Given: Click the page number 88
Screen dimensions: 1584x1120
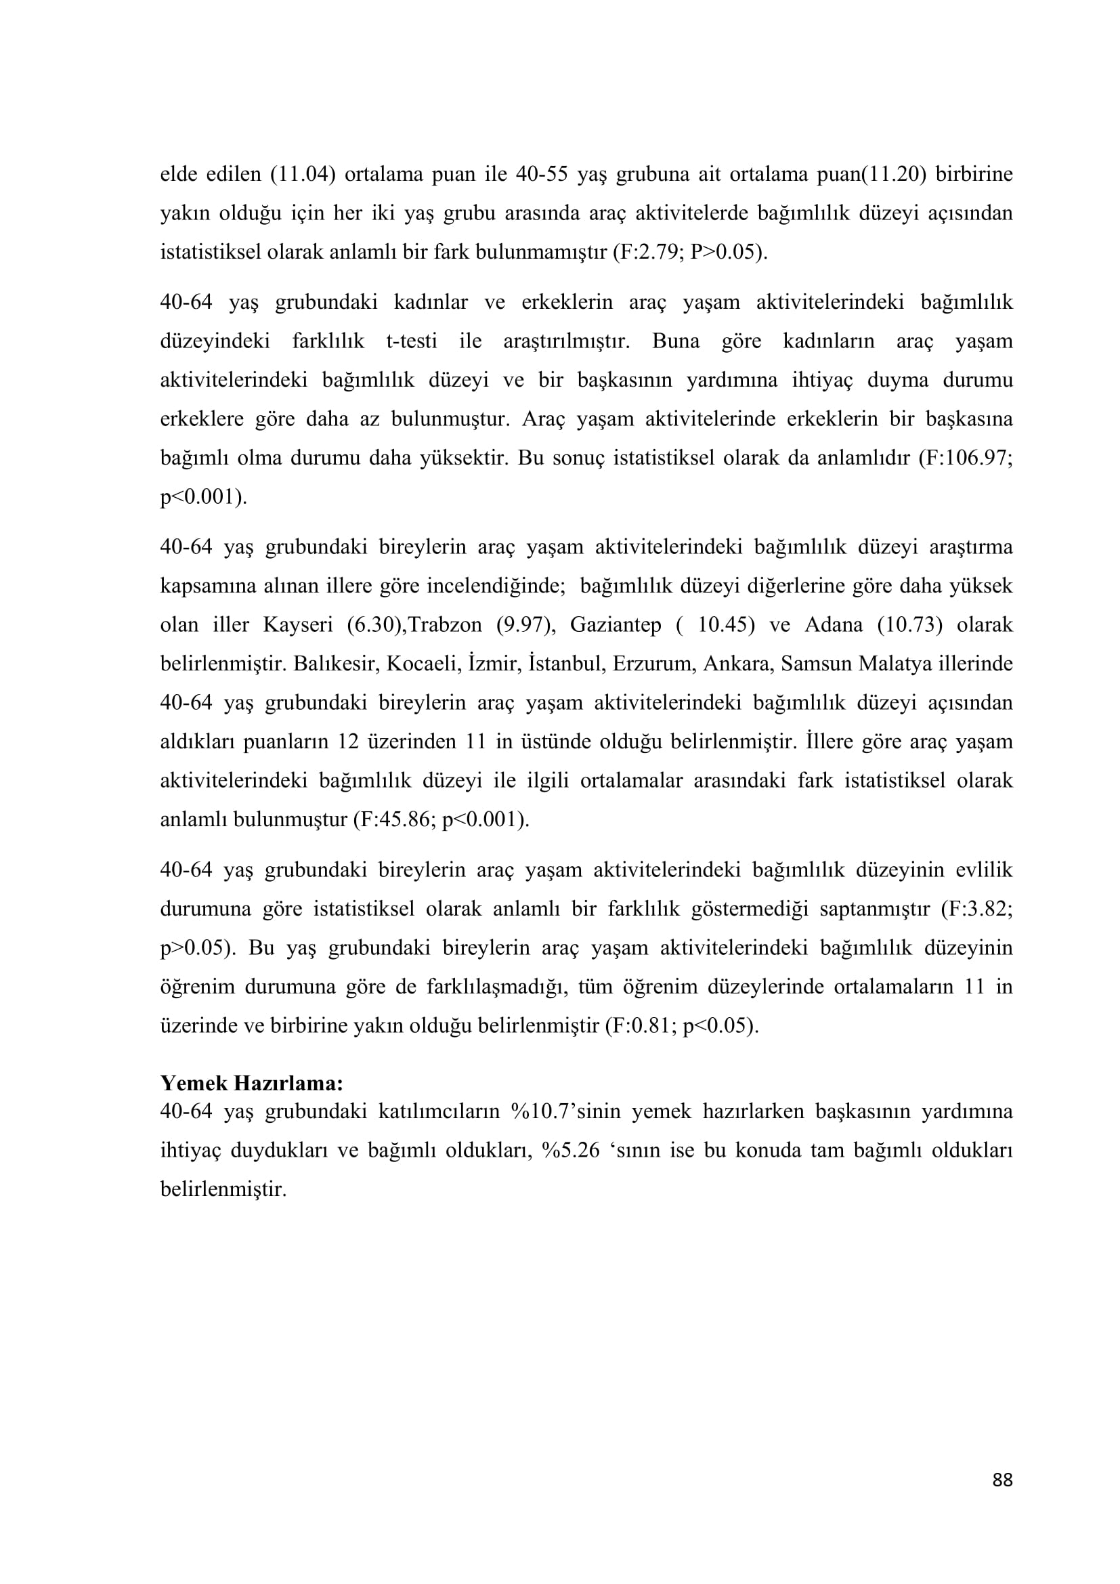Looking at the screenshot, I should click(x=1002, y=1499).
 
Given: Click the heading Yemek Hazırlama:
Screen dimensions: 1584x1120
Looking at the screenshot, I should click(x=252, y=1083).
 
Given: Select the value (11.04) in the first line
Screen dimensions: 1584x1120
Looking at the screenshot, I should click(x=302, y=174).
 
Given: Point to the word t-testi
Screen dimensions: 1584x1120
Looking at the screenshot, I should click(x=412, y=341).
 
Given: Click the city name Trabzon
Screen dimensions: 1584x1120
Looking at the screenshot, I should click(x=445, y=625).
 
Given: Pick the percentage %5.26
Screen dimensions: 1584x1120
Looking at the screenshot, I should click(x=571, y=1151).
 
